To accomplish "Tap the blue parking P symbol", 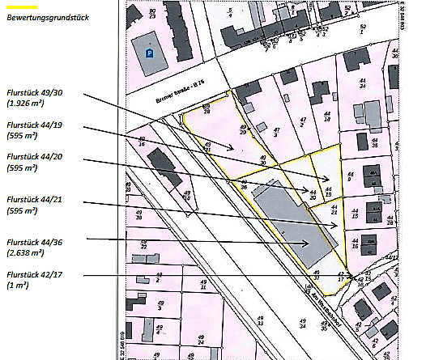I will (149, 53).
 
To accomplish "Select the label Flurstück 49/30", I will (33, 93).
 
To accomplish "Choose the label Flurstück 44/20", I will (33, 157).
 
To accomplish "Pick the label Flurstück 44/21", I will (33, 199).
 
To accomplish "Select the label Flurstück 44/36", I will (33, 242).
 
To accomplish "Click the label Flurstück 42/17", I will (33, 275).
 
